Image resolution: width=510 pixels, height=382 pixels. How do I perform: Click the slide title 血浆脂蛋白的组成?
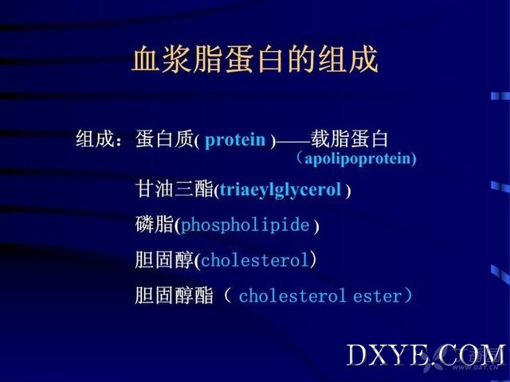point(255,59)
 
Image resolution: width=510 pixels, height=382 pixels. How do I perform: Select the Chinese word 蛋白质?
point(165,139)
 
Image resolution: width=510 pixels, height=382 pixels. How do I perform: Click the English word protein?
point(235,140)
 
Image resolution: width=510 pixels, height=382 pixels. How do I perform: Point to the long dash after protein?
point(293,142)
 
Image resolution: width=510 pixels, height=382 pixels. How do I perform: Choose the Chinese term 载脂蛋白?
point(349,138)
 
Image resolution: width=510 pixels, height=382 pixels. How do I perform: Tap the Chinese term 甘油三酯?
point(175,189)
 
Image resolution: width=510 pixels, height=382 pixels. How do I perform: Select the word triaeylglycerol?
point(280,190)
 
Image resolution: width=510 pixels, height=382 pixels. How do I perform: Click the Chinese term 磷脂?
point(155,224)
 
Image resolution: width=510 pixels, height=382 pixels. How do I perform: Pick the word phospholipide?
point(245,225)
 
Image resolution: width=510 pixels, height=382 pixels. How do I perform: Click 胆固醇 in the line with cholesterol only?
point(165,260)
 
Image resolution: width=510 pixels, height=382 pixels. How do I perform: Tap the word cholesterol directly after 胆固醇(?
point(255,260)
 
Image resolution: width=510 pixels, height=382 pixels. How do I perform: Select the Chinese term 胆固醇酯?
point(175,295)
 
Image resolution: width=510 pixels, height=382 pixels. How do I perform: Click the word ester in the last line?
point(378,297)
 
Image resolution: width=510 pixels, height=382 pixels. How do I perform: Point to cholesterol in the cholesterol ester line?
point(292,296)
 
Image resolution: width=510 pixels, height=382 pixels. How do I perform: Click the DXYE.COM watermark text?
point(426,356)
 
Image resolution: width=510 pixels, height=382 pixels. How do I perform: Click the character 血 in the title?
point(145,59)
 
